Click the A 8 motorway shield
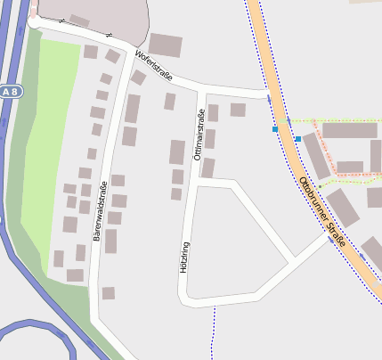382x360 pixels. point(9,92)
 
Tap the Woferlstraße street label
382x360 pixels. point(153,64)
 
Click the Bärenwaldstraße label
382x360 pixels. point(101,210)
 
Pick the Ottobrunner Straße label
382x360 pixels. point(322,211)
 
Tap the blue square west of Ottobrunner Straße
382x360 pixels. point(275,129)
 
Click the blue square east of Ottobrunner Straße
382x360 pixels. point(297,138)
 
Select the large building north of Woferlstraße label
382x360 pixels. point(165,45)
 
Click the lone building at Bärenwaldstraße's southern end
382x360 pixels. point(108,292)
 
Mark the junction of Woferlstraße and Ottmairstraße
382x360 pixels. point(205,88)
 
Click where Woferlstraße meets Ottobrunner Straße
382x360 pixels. point(268,93)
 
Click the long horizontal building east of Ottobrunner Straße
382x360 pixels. point(349,130)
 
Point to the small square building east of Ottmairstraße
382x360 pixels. point(238,110)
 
